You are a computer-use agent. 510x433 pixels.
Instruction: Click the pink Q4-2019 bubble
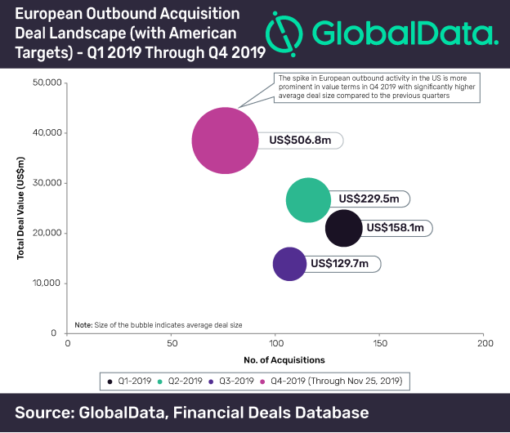pyautogui.click(x=226, y=141)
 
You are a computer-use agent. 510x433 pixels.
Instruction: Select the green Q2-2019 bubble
pyautogui.click(x=308, y=199)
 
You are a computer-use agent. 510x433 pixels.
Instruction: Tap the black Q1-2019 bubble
pyautogui.click(x=343, y=228)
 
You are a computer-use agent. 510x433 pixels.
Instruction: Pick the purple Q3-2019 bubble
pyautogui.click(x=290, y=264)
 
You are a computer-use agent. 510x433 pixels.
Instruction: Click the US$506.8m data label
pyautogui.click(x=299, y=141)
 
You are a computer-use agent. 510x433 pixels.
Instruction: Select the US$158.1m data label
pyautogui.click(x=396, y=228)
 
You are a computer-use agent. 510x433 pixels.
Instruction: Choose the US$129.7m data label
pyautogui.click(x=339, y=264)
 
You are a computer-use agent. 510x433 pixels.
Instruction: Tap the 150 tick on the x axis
pyautogui.click(x=380, y=343)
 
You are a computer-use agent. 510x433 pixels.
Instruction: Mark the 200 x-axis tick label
pyautogui.click(x=484, y=343)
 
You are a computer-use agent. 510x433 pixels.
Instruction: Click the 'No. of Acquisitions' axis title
pyautogui.click(x=284, y=359)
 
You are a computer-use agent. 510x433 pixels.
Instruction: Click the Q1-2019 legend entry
pyautogui.click(x=131, y=381)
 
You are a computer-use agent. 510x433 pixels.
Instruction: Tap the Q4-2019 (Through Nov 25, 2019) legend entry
pyautogui.click(x=336, y=381)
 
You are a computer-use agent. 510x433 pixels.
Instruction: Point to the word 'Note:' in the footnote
pyautogui.click(x=83, y=324)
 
